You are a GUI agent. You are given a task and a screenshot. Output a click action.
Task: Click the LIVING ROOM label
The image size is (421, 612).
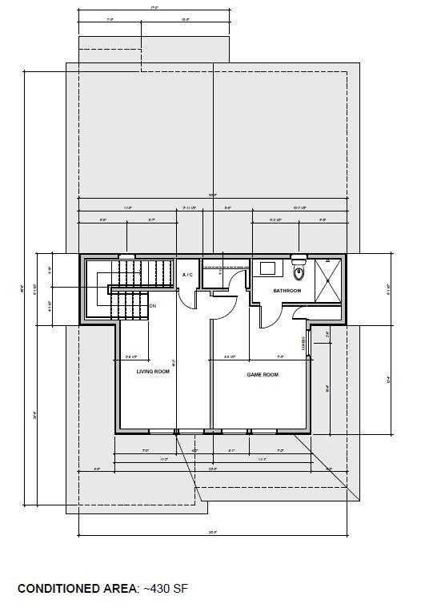pos(152,372)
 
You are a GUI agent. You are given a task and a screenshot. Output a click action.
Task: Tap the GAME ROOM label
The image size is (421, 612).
pos(262,374)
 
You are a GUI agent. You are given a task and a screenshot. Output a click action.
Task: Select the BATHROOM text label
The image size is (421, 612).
pos(287,291)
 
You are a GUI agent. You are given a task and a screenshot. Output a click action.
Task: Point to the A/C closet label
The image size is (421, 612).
pos(188,276)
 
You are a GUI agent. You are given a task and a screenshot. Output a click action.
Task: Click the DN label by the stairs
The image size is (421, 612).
pos(152,306)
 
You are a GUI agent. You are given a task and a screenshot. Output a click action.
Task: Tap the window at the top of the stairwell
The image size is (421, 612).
pos(127,256)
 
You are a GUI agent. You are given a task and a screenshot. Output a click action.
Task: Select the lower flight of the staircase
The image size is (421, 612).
pos(128,304)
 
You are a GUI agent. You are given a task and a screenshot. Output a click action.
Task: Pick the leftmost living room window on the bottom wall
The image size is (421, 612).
pos(162,433)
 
